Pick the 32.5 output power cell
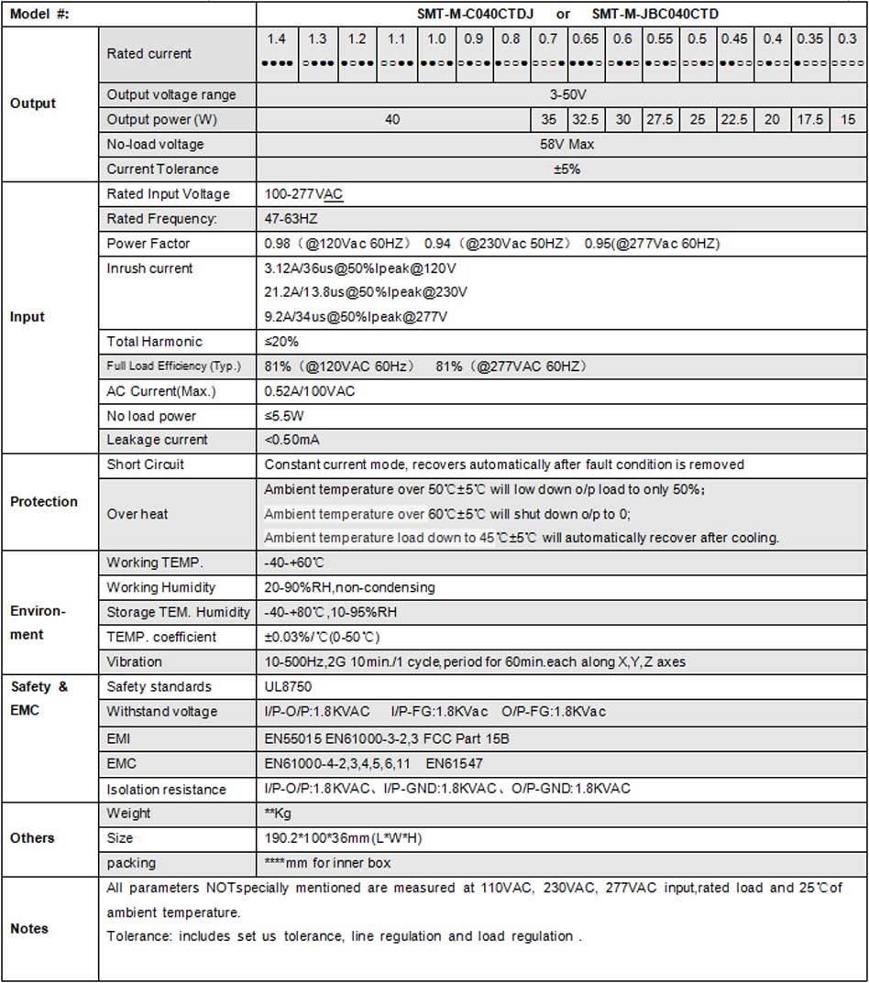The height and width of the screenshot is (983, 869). (586, 120)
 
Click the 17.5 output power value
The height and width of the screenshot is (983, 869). (809, 120)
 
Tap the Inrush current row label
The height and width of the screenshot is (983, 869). (150, 268)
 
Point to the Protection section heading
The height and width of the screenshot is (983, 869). (44, 502)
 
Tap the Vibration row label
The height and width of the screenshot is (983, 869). (135, 661)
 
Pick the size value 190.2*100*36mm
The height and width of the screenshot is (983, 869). (343, 838)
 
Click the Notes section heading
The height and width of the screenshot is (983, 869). (29, 929)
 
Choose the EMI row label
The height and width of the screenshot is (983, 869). (120, 737)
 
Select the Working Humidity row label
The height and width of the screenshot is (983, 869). (161, 587)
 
